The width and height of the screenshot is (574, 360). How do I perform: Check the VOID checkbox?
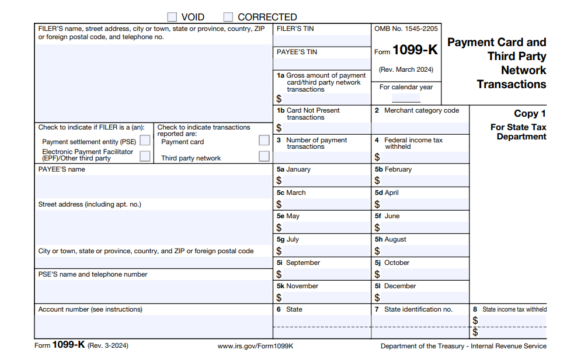pos(172,17)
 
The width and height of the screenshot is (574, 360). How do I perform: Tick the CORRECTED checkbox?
pos(228,17)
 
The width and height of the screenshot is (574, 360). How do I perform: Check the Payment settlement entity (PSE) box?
pos(145,141)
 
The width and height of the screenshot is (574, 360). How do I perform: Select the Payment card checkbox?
pos(264,141)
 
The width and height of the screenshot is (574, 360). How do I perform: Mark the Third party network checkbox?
pos(264,156)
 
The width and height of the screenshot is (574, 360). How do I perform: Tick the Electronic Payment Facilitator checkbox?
pos(145,156)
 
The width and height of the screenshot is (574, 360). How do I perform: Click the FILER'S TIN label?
pos(295,29)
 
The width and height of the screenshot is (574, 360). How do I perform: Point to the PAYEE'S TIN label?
pos(297,52)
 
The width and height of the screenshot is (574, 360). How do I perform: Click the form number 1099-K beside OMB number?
pos(415,50)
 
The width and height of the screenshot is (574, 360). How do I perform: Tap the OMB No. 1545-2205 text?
pos(406,29)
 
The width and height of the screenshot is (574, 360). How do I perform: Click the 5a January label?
pos(294,169)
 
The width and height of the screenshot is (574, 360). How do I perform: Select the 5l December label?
pos(395,286)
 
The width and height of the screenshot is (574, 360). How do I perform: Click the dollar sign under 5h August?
pos(377,251)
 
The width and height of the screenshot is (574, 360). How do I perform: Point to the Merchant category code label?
pos(421,110)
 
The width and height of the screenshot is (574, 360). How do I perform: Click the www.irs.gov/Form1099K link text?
pos(255,346)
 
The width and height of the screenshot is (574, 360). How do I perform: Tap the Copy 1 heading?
pos(530,114)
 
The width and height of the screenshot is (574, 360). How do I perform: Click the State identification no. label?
pos(418,309)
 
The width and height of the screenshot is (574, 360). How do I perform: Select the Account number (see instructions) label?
pos(91,309)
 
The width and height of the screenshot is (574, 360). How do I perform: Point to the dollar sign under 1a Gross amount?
pos(279,99)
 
